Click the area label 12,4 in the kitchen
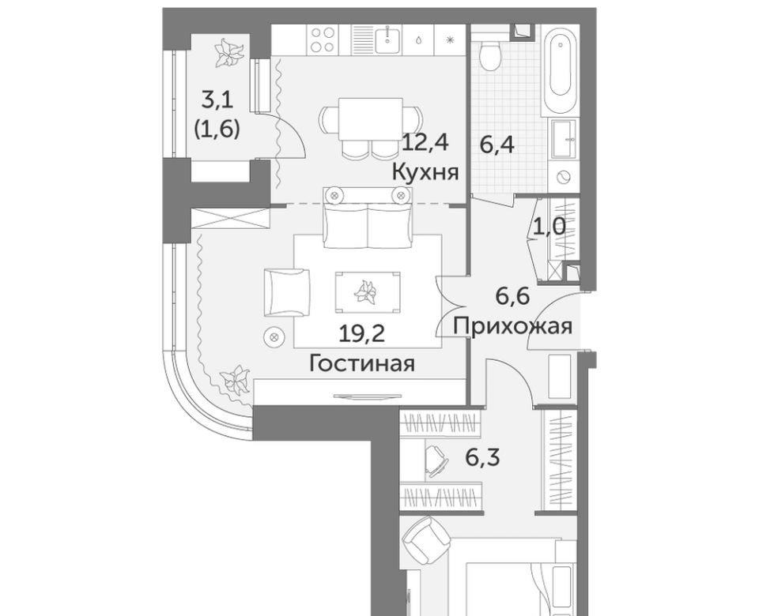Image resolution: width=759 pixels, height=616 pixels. click(425, 143)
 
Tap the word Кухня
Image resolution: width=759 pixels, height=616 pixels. click(425, 171)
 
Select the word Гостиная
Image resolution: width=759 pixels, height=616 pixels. click(362, 363)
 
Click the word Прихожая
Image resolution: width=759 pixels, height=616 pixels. click(513, 326)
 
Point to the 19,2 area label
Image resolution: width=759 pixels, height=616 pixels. click(362, 334)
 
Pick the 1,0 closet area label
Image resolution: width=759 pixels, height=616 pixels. click(549, 226)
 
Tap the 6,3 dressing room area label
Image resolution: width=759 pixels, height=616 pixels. click(482, 457)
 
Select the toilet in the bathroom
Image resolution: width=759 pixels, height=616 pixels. click(489, 54)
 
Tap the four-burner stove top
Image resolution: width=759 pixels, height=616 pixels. click(323, 39)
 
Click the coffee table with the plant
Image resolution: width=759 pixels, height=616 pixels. click(368, 292)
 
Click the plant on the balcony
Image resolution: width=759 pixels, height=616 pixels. click(228, 52)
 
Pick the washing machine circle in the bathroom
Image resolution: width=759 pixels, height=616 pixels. click(564, 177)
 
